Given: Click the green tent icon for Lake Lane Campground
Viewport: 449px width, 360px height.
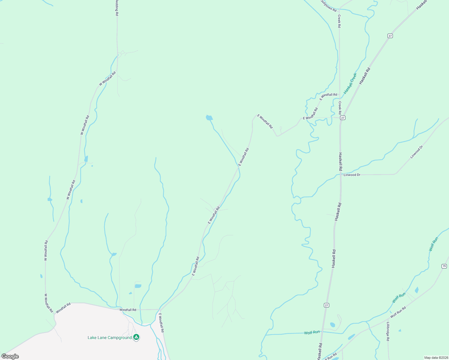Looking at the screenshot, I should (136, 337).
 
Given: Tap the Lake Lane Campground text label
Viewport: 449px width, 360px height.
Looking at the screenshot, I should (110, 337).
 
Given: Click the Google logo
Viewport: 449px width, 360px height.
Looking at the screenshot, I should (10, 356).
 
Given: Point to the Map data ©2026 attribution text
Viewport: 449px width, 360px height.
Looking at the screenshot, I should (435, 358).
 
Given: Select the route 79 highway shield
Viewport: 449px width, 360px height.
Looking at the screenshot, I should (444, 266).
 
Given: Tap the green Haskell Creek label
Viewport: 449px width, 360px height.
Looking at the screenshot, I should (350, 83).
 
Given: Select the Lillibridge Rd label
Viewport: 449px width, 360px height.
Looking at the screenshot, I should (388, 331).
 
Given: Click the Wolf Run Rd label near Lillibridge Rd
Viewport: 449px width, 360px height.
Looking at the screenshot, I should (398, 312).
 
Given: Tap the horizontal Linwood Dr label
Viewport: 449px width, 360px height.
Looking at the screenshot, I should (352, 175).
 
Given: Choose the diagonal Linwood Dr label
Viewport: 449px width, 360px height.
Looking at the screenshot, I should (416, 152).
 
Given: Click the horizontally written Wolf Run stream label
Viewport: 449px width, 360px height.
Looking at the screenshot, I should (312, 332).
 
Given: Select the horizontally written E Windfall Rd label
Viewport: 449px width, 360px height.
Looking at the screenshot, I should (328, 95).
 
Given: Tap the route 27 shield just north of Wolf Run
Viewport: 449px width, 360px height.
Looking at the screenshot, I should (327, 305).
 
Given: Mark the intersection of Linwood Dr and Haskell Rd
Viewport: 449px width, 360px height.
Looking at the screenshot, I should (341, 174).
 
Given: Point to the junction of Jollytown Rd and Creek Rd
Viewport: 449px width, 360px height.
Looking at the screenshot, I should (339, 9).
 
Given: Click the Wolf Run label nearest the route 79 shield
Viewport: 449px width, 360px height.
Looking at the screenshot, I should (433, 244).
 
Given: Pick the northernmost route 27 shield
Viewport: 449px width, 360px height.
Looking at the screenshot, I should (390, 36).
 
